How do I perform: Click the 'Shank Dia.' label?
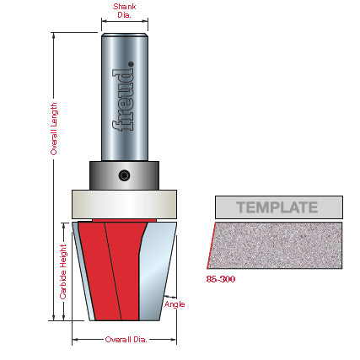[x=125, y=11]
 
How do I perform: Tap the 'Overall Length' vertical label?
[x=54, y=129]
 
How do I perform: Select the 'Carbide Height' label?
[x=63, y=271]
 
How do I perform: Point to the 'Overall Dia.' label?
[x=126, y=340]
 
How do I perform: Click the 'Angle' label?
[x=175, y=304]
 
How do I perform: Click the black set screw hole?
[x=124, y=175]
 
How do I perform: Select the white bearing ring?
[x=124, y=204]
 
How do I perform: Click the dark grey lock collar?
[x=124, y=175]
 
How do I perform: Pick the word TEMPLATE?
[x=277, y=207]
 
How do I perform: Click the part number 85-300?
[x=221, y=279]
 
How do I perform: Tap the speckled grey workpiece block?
[x=276, y=245]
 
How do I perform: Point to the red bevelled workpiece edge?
[x=212, y=245]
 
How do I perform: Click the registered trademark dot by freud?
[x=131, y=64]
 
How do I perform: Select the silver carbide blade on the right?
[x=157, y=271]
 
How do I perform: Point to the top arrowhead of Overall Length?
[x=53, y=35]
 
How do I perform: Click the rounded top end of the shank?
[x=125, y=35]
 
